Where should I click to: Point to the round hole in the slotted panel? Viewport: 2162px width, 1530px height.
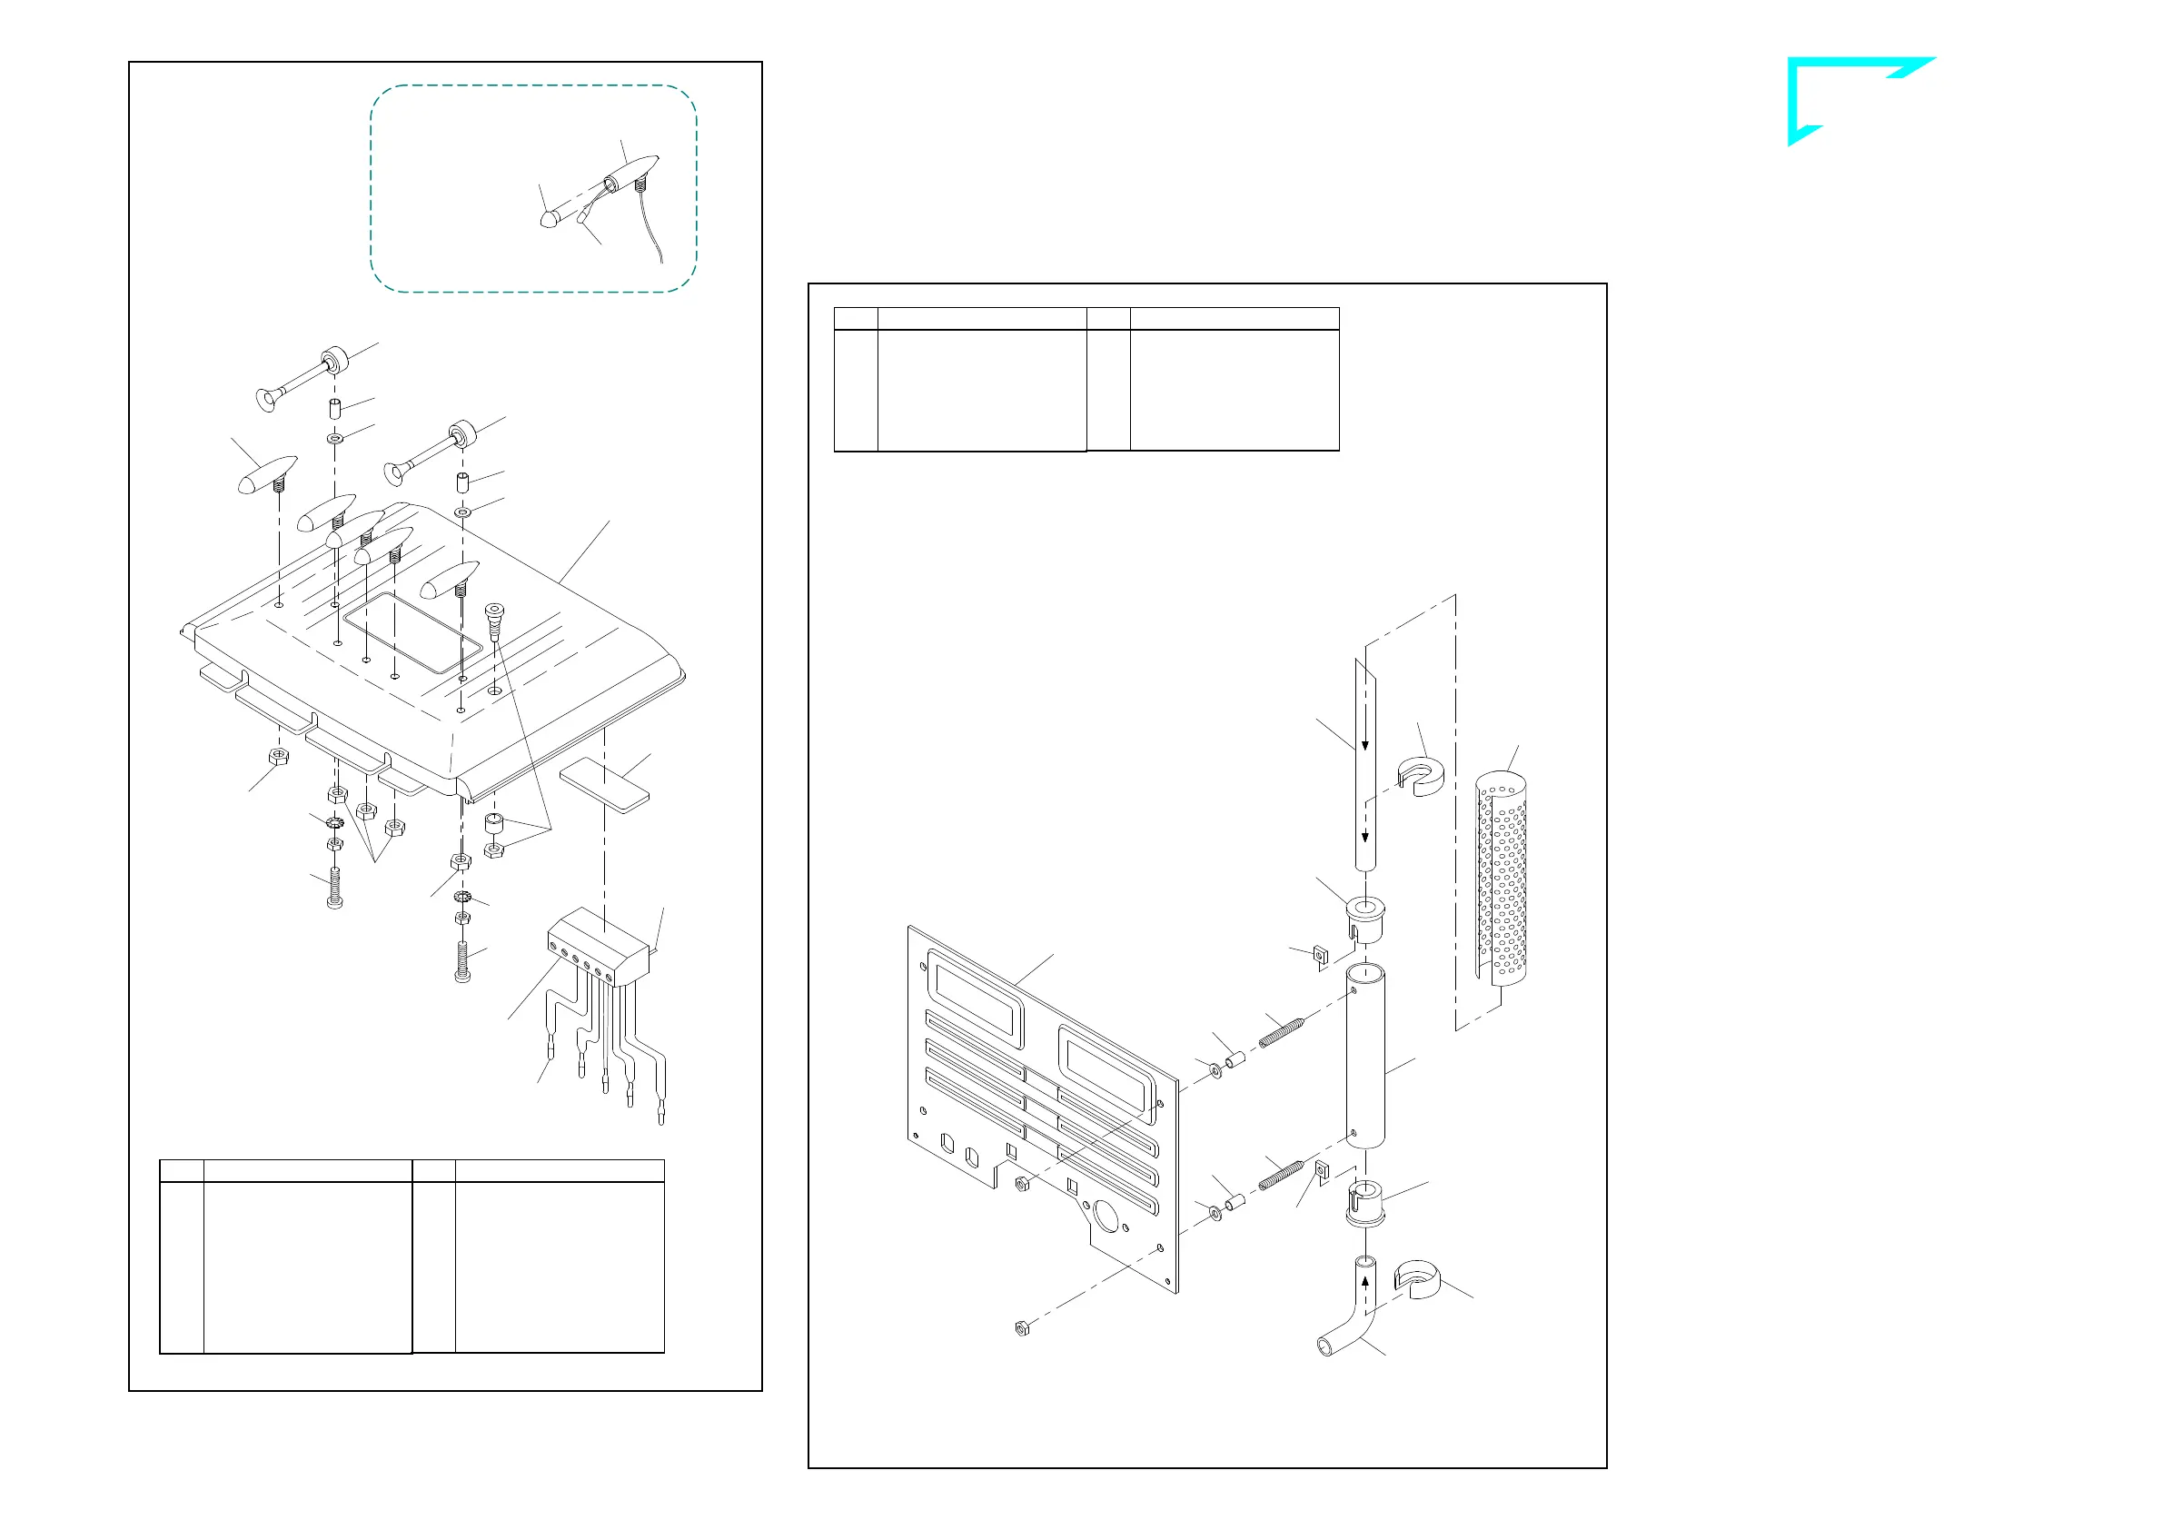coord(1105,1217)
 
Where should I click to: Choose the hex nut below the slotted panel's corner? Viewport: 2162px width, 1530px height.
coord(1020,1329)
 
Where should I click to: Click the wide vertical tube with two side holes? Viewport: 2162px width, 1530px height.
coord(1365,1057)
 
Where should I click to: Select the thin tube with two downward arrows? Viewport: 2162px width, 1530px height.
coord(1365,763)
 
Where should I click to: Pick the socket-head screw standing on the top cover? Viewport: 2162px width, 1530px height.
coord(493,621)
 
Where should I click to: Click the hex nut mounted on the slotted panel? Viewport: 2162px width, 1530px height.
coord(1021,1182)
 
